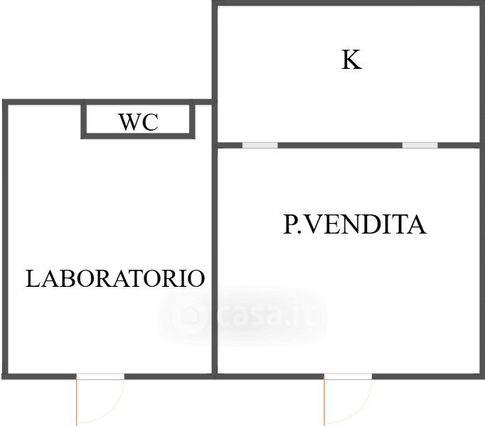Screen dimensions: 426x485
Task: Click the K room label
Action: click(351, 60)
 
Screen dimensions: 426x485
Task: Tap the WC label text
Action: click(138, 122)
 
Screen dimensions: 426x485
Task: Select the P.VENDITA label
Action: click(354, 225)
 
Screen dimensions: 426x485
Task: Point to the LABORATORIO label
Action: click(115, 278)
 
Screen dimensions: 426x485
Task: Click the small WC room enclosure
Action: click(137, 121)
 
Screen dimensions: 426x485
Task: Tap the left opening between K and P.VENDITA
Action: click(260, 146)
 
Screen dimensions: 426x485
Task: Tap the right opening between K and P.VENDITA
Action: click(420, 146)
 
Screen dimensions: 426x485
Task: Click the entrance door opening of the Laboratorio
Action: click(100, 376)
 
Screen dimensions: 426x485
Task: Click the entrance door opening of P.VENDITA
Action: click(348, 376)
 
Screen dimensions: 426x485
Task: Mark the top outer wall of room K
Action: click(348, 4)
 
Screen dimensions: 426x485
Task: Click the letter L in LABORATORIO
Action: click(32, 278)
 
